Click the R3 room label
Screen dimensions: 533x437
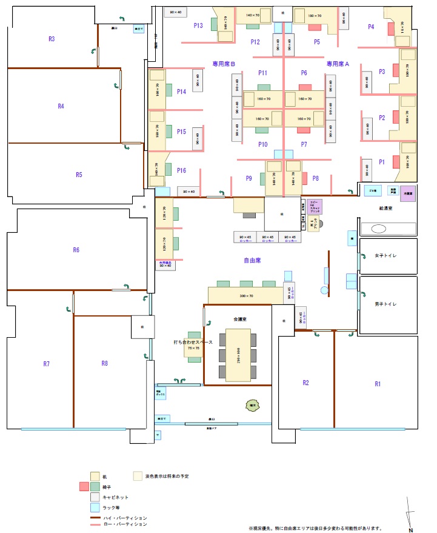pos(52,39)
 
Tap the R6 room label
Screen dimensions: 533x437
pos(76,249)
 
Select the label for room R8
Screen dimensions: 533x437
pos(105,363)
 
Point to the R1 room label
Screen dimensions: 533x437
pos(378,383)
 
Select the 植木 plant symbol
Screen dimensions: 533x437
pos(250,404)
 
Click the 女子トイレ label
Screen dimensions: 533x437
pos(385,255)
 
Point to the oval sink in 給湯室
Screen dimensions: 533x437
pos(379,229)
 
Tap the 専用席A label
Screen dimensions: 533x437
pos(338,64)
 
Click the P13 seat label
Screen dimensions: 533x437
pos(198,25)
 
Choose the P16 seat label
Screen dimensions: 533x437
pos(181,171)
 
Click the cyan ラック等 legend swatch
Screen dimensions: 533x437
pos(95,507)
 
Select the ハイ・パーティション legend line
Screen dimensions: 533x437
pos(95,518)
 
